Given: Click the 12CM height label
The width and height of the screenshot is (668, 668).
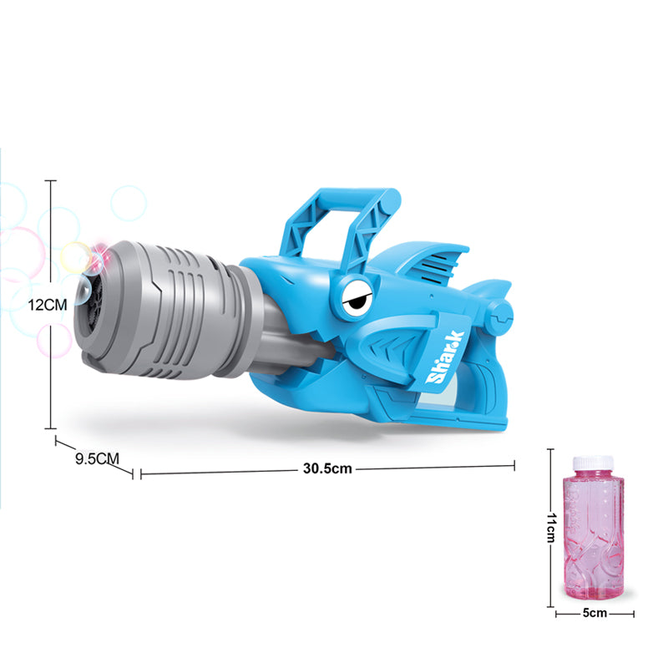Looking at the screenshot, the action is coord(48,305).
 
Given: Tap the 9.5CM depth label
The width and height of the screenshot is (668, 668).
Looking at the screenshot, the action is coord(97,458).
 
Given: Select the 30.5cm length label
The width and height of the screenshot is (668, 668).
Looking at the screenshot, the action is coord(327,468).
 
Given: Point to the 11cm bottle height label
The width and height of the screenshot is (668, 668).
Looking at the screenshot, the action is coord(552,528).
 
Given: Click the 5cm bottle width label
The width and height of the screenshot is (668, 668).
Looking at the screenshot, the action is coord(595,613).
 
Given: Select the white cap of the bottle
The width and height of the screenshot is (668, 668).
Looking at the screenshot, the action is coord(593,464).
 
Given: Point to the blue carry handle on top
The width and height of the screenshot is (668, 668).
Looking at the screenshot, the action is coord(341,225).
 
